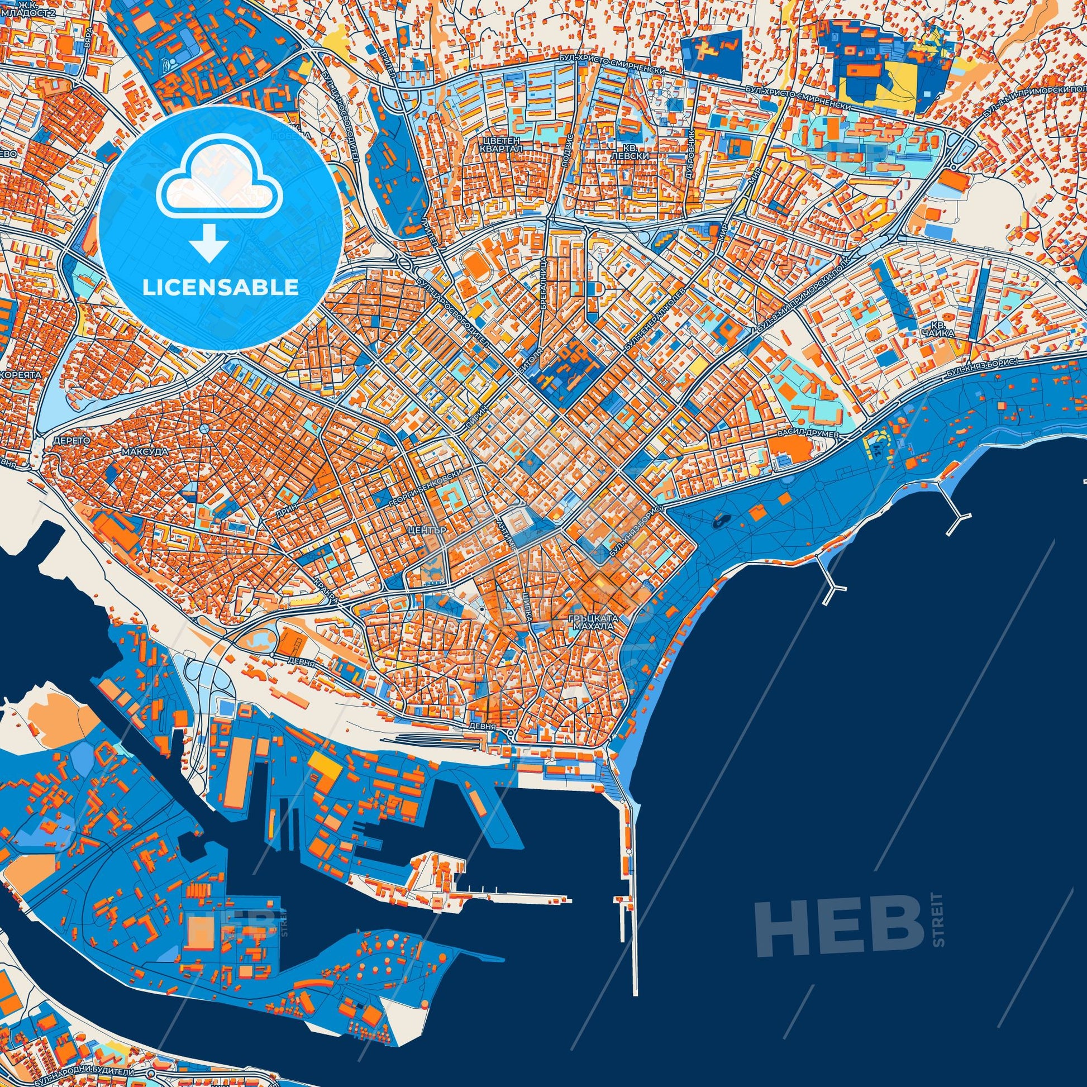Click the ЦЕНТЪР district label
pos(428,531)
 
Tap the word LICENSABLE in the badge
pos(221,288)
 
